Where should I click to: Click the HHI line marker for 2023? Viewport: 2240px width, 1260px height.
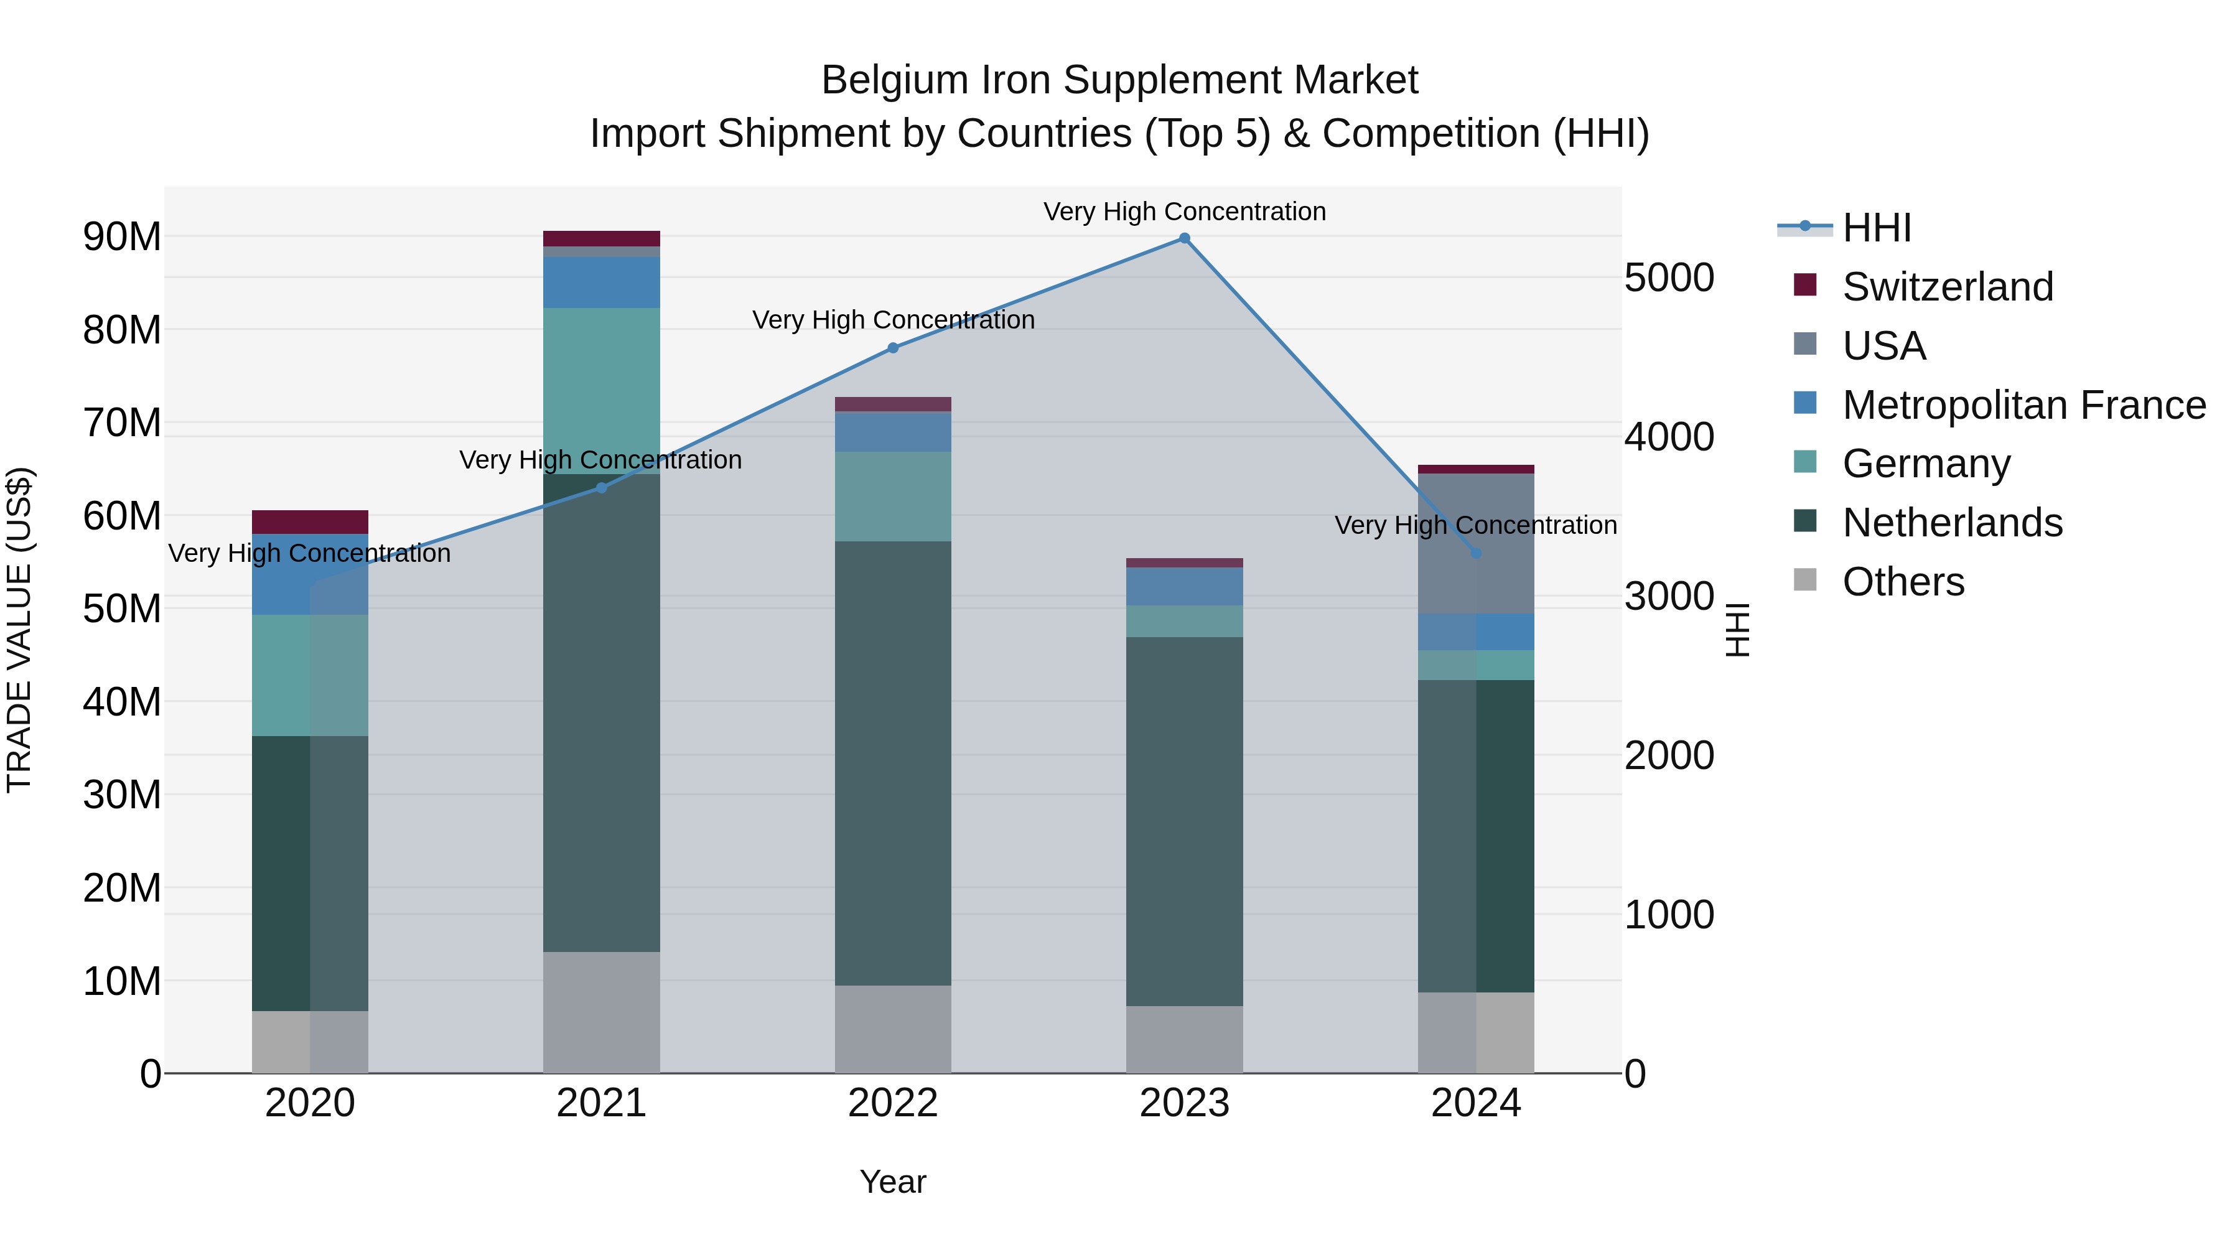pos(1184,238)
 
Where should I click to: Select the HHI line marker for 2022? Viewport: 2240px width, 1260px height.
pos(893,348)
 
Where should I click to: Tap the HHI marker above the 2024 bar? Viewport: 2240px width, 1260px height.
pos(1476,553)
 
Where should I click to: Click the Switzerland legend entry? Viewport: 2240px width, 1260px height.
pos(1947,287)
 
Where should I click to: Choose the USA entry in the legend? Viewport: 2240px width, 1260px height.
pos(1883,346)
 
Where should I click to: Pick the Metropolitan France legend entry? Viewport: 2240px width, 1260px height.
pos(2023,405)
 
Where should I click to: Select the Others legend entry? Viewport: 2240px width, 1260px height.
pos(1903,582)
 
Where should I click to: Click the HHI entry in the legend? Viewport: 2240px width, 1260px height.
pos(1877,228)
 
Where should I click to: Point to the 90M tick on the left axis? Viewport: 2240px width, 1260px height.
pos(122,236)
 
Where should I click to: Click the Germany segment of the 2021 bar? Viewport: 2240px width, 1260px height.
pos(601,391)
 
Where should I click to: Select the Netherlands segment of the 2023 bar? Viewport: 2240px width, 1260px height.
pos(1184,822)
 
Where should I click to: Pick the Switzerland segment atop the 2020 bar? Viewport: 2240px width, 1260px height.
pos(310,522)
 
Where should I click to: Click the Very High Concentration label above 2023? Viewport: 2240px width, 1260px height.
pos(1184,212)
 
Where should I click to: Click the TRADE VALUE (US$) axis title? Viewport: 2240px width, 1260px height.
pos(19,630)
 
